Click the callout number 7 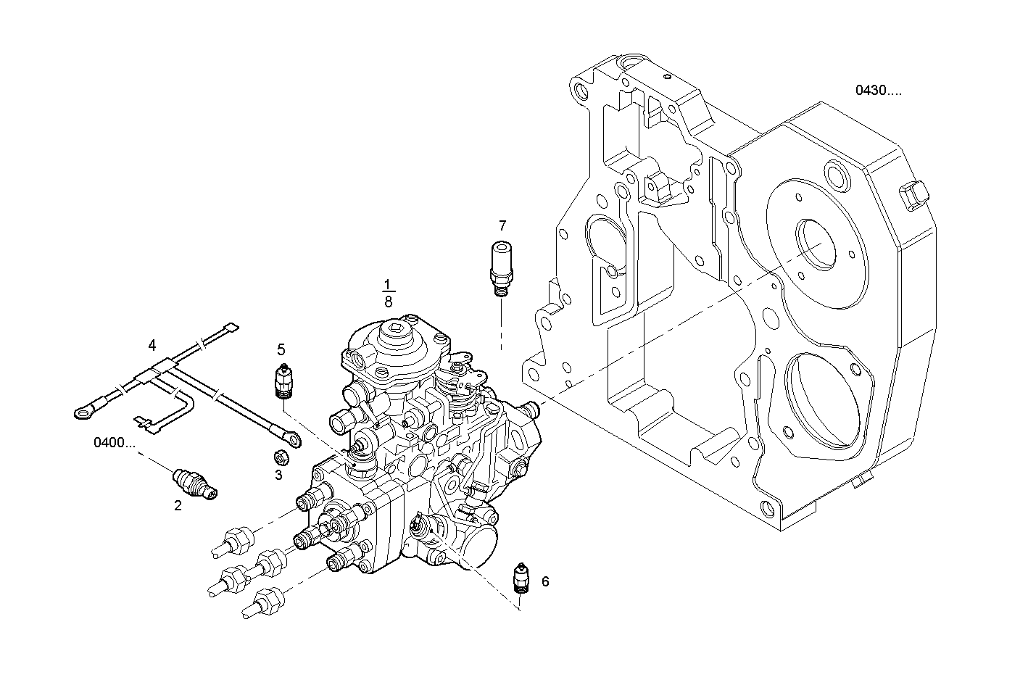click(x=502, y=225)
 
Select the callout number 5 click(x=281, y=349)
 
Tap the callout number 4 click(x=152, y=344)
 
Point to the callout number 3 click(x=278, y=475)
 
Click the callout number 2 click(x=178, y=505)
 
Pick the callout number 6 click(x=545, y=581)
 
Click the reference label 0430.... click(x=878, y=91)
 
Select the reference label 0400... click(x=114, y=442)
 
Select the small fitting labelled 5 click(x=283, y=381)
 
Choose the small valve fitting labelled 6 click(x=520, y=578)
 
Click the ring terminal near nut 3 click(x=291, y=437)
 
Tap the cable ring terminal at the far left click(x=82, y=413)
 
